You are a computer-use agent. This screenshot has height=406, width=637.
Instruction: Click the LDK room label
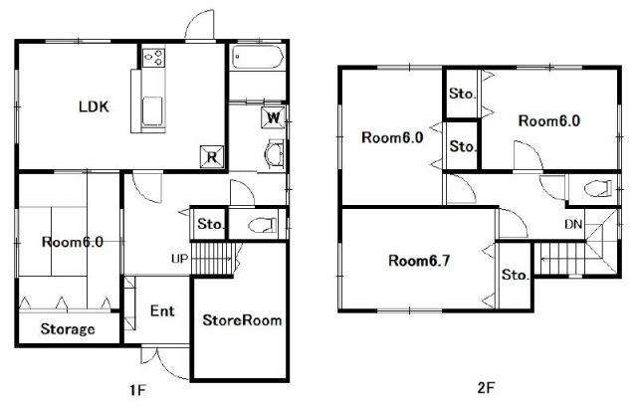(x=94, y=106)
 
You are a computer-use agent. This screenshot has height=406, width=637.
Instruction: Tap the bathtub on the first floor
(x=258, y=58)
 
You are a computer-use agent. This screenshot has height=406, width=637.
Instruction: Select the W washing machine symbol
(x=274, y=117)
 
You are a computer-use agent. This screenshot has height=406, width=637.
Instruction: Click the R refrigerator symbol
(x=212, y=156)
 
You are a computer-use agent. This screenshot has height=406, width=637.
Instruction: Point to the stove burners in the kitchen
(x=154, y=58)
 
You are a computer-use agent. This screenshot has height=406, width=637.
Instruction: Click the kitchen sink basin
(x=152, y=110)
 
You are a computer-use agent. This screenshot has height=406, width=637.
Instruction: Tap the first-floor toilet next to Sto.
(x=262, y=225)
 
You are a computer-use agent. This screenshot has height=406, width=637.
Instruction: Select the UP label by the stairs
(x=179, y=258)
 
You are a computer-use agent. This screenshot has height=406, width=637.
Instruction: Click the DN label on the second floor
(x=573, y=224)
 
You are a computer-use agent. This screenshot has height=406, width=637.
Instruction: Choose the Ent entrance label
(x=162, y=311)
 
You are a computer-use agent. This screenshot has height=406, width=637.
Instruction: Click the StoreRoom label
(x=242, y=320)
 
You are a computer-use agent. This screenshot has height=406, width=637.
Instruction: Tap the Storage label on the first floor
(x=68, y=328)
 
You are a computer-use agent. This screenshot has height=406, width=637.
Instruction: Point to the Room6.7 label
(x=419, y=261)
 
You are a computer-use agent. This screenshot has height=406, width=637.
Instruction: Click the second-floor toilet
(x=598, y=189)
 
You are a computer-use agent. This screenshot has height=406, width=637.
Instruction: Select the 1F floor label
(x=137, y=390)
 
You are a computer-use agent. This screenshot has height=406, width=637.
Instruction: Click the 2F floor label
(x=486, y=388)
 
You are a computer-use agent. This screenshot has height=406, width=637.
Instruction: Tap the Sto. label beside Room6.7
(x=516, y=275)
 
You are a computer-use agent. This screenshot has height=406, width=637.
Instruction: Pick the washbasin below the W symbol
(x=275, y=154)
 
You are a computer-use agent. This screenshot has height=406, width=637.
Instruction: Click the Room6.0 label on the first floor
(x=73, y=242)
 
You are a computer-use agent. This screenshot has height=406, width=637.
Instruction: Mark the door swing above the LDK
(x=199, y=24)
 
